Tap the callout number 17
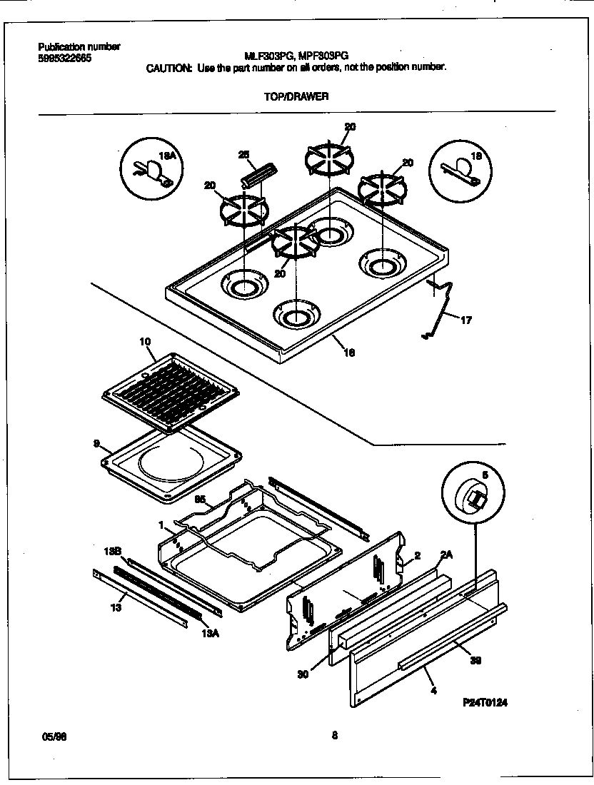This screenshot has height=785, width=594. click(x=465, y=320)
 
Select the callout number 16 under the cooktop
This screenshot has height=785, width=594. click(x=350, y=352)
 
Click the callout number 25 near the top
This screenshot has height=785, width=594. click(x=243, y=155)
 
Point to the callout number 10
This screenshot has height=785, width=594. click(x=146, y=343)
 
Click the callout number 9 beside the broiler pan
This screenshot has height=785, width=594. click(x=96, y=443)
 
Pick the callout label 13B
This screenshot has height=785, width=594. click(x=113, y=552)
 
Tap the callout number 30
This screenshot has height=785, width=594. click(x=303, y=674)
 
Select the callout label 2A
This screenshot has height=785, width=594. click(x=446, y=554)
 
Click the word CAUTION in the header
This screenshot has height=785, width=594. click(x=168, y=68)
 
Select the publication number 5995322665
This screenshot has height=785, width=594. click(x=64, y=58)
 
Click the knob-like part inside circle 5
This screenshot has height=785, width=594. click(x=473, y=497)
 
